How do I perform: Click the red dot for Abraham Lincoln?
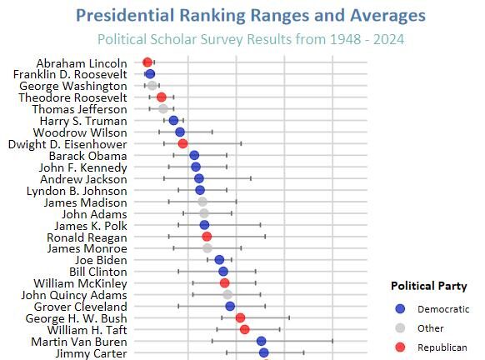pyautogui.click(x=147, y=62)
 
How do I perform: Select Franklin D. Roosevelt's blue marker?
pyautogui.click(x=150, y=74)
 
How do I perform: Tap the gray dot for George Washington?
pyautogui.click(x=152, y=86)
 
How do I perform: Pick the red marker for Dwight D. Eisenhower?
pyautogui.click(x=182, y=144)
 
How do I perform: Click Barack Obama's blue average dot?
pyautogui.click(x=194, y=155)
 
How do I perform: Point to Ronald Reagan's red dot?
pyautogui.click(x=207, y=237)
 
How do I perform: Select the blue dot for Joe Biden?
pyautogui.click(x=219, y=260)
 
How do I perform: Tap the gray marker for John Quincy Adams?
pyautogui.click(x=227, y=295)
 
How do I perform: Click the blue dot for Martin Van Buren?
pyautogui.click(x=262, y=341)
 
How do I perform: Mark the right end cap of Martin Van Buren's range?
pyautogui.click(x=332, y=341)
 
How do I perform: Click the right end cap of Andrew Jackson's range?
pyautogui.click(x=251, y=178)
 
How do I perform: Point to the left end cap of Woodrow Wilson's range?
pyautogui.click(x=159, y=132)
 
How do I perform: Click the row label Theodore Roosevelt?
pyautogui.click(x=72, y=97)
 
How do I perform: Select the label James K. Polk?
pyautogui.click(x=91, y=226)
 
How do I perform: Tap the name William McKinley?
pyautogui.click(x=81, y=283)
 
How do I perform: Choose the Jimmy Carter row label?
pyautogui.click(x=91, y=353)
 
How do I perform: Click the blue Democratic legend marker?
pyautogui.click(x=400, y=308)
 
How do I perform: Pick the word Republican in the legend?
pyautogui.click(x=442, y=347)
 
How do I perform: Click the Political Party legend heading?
pyautogui.click(x=429, y=286)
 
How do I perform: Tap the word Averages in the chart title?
pyautogui.click(x=387, y=16)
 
